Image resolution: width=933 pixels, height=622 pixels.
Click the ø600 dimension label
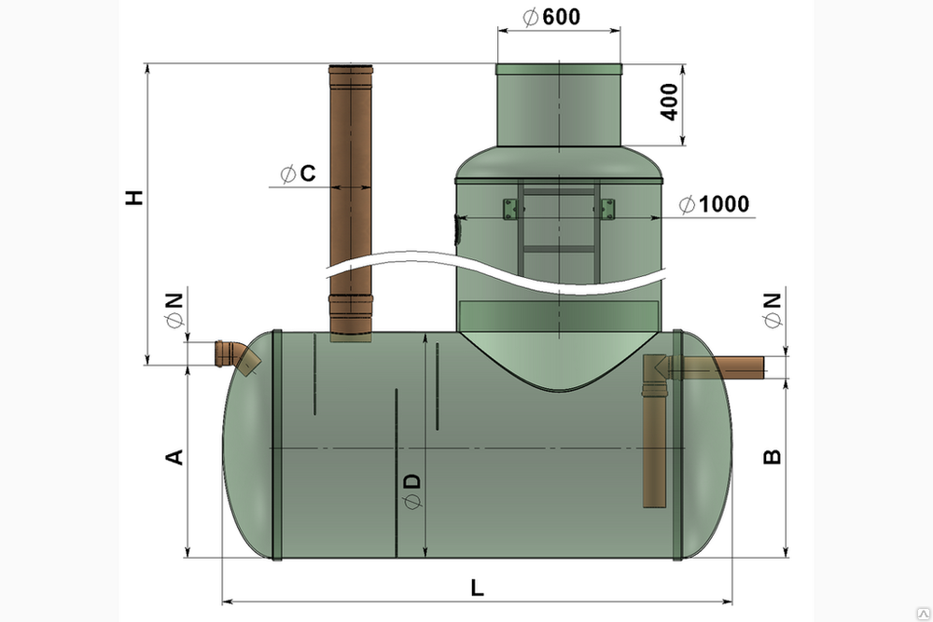point(551,17)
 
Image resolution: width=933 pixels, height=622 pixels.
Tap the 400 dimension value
point(669,103)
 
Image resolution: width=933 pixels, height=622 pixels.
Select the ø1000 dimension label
point(714,204)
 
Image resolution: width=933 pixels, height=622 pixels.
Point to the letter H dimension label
point(135,198)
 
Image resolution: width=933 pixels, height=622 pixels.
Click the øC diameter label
point(298,173)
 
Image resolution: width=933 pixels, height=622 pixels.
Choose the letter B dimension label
point(772,457)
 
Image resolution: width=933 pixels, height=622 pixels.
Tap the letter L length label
point(477,588)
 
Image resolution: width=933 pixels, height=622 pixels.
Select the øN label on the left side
point(174,310)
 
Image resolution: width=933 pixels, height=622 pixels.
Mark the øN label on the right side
point(772,310)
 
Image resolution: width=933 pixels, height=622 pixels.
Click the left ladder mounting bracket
point(510,209)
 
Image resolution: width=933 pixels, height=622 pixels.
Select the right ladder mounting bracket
point(607,209)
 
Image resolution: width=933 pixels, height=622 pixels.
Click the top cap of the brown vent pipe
point(351,68)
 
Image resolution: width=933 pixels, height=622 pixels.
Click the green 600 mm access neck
point(559,104)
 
